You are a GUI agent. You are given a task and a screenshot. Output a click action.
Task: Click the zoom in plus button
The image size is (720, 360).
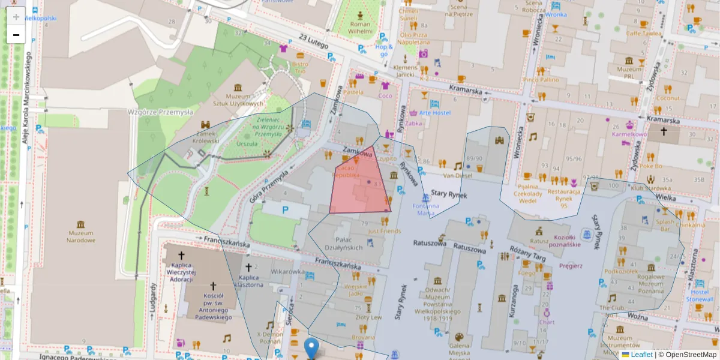16,16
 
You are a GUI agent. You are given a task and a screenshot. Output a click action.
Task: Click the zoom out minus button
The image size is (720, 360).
16,35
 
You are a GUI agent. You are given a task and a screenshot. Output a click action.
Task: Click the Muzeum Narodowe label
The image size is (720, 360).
81,236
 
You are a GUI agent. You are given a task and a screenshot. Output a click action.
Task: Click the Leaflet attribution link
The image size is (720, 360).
641,355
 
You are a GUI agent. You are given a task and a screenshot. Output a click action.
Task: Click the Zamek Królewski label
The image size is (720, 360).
206,137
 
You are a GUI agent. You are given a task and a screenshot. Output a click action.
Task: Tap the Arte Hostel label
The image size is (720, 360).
434,112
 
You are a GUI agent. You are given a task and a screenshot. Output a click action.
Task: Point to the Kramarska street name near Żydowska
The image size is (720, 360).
663,120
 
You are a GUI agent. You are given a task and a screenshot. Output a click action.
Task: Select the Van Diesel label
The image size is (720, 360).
458,176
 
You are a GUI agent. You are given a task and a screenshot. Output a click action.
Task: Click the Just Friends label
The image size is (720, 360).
384,230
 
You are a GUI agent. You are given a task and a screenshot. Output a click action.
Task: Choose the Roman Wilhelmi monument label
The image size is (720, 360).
360,28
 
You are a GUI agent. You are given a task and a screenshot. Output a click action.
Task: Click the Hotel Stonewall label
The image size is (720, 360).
700,295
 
